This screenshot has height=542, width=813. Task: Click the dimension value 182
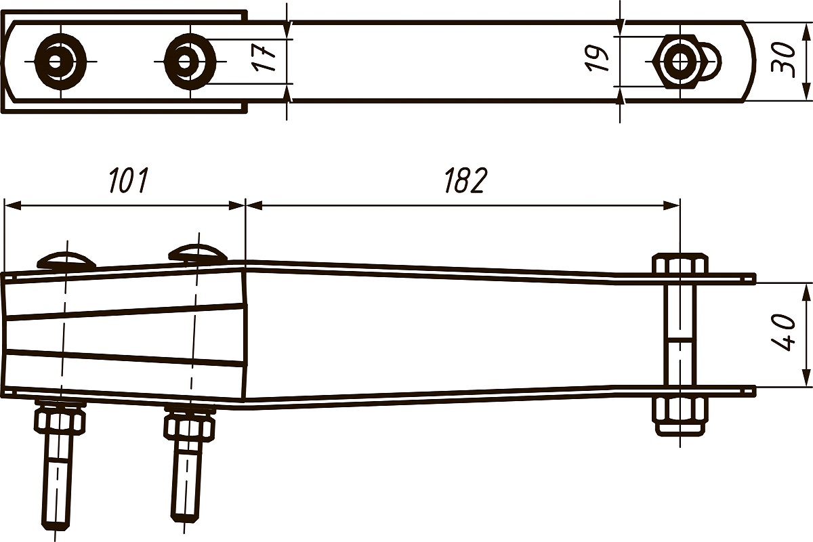point(465,182)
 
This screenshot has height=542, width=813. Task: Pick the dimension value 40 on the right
point(784,331)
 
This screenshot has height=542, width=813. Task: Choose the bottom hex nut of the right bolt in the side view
point(680,413)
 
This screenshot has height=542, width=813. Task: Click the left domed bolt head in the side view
point(66,260)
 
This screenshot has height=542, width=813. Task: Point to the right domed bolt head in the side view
point(196,255)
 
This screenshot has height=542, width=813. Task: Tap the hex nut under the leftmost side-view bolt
point(60,421)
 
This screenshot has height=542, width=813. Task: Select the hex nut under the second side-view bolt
point(189,425)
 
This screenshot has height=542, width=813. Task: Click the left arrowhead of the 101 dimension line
point(9,205)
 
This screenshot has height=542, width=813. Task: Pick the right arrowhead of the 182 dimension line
point(674,205)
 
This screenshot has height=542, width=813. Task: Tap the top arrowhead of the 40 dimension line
point(806,290)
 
